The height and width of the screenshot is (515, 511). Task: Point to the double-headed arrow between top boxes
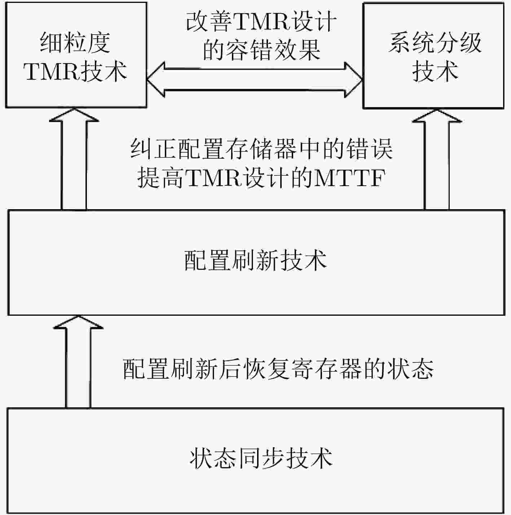coord(255,80)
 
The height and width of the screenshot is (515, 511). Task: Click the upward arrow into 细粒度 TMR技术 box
coord(74,159)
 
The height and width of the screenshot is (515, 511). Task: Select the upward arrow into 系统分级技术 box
coord(437,159)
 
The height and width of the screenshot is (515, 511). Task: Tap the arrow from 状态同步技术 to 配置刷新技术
coord(78,362)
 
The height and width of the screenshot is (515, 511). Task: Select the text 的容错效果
coord(262,50)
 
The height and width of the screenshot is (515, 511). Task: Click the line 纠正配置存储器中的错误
coord(261,149)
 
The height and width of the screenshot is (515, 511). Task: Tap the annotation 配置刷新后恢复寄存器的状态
coord(278,369)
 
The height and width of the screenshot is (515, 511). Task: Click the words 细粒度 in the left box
coord(75,43)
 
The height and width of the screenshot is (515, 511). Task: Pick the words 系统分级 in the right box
coord(435,43)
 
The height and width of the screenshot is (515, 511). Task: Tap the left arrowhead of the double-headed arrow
coord(155,80)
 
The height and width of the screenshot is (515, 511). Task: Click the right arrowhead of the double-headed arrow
coord(353,80)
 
